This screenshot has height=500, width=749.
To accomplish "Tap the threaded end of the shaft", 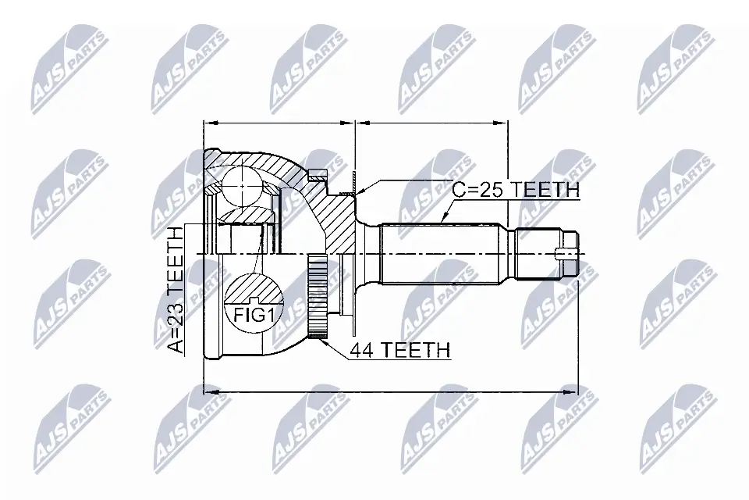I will tap(546, 254).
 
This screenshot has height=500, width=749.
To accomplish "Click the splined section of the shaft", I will tap(445, 254).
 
